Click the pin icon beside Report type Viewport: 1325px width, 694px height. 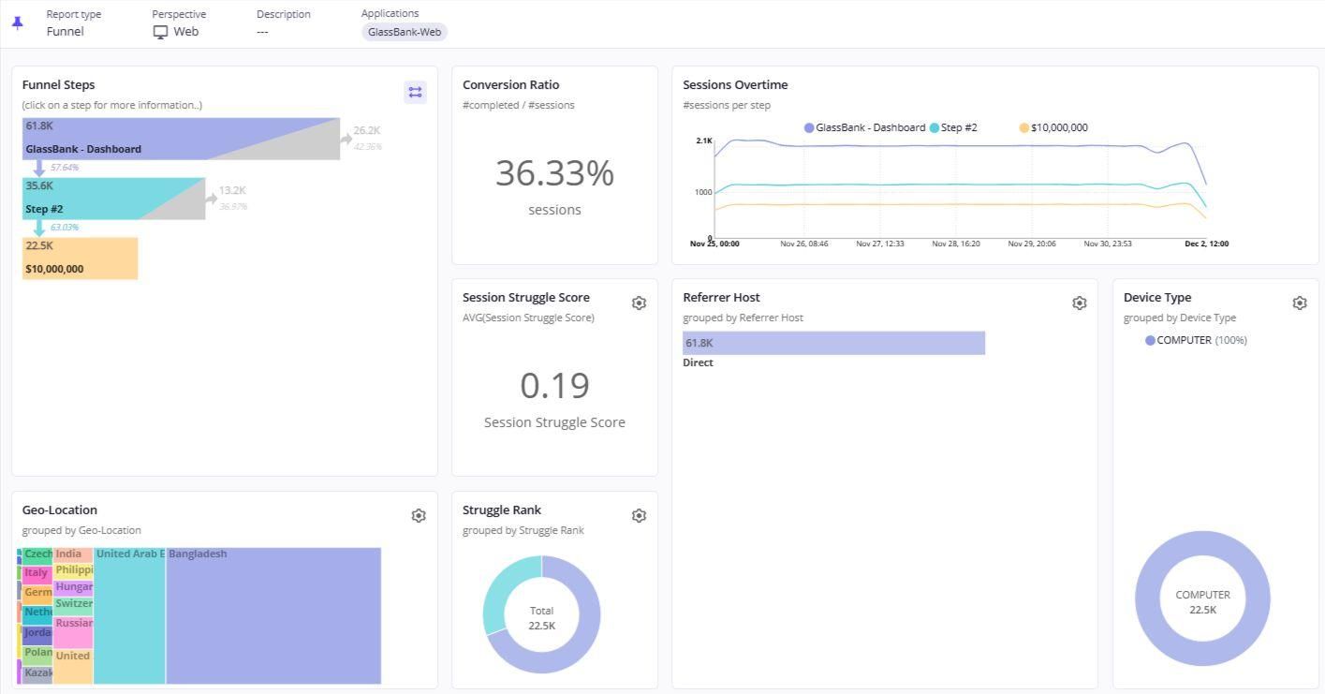point(17,22)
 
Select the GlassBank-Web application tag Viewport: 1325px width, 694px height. point(405,32)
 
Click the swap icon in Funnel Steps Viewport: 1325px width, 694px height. point(415,92)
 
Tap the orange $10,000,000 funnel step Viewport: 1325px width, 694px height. point(80,258)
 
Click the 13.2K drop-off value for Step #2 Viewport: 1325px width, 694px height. point(232,191)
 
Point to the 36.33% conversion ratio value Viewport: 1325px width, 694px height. point(554,173)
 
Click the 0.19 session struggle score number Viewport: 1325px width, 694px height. point(554,386)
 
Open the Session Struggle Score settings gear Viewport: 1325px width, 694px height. point(639,303)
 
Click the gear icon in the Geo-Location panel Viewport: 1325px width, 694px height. point(419,516)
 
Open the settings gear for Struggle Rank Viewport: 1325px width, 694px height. point(639,516)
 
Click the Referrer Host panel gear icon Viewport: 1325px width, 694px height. point(1079,303)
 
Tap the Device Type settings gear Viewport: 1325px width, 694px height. point(1299,303)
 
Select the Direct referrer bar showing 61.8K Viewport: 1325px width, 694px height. point(833,343)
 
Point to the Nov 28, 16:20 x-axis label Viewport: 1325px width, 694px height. point(955,244)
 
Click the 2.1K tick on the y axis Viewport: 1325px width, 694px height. point(703,140)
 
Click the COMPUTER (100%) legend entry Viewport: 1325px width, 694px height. point(1196,340)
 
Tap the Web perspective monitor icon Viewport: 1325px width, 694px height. point(160,32)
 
